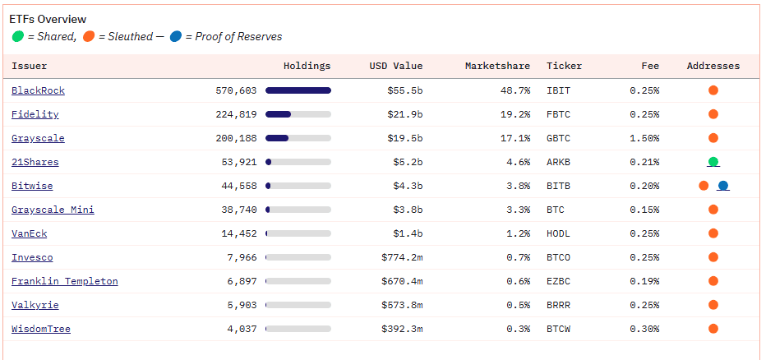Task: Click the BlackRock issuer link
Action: coord(38,90)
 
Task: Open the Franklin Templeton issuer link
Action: coord(64,281)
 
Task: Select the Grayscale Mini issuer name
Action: coord(53,210)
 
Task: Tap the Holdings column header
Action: coord(307,66)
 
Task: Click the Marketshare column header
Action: coord(497,66)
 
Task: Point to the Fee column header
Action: coord(650,66)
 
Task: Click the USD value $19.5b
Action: coord(404,138)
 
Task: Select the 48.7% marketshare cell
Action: coord(515,90)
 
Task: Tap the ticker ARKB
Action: coord(559,162)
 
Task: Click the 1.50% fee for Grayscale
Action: coord(644,138)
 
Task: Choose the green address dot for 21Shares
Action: coord(713,162)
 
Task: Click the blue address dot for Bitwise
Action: coord(723,186)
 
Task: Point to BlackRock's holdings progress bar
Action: coord(298,90)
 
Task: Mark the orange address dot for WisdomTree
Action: coord(713,329)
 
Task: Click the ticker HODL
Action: coord(559,233)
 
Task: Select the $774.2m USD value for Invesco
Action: coord(402,257)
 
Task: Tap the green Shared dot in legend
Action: coord(17,36)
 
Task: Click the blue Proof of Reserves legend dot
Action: coord(176,36)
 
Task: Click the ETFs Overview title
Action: coord(48,19)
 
